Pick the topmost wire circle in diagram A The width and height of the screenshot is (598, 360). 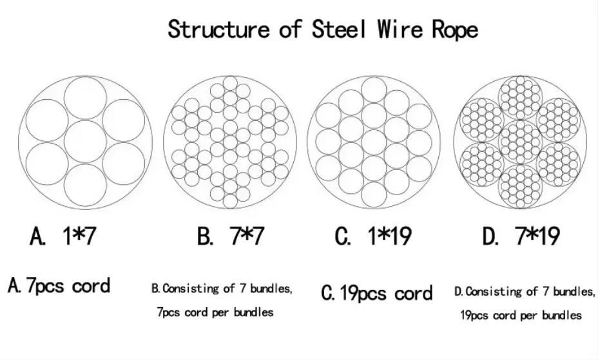tap(86, 97)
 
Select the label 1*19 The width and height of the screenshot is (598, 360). tap(390, 236)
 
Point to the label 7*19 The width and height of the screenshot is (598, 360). tap(539, 236)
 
